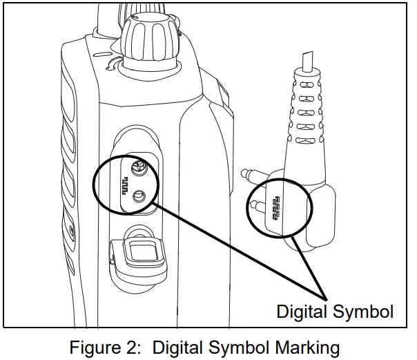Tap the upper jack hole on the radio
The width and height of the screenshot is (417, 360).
139,165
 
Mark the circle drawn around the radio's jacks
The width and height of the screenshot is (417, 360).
95,181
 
